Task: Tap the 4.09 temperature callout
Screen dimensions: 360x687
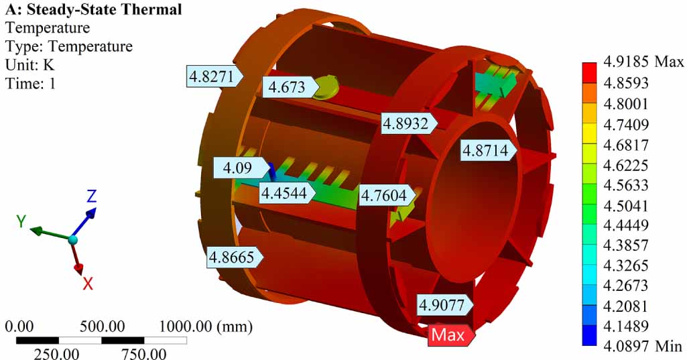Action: tap(237, 168)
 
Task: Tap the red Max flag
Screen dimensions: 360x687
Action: tap(450, 335)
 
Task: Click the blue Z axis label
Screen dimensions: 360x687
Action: tap(92, 196)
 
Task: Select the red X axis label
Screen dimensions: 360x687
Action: tap(87, 284)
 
